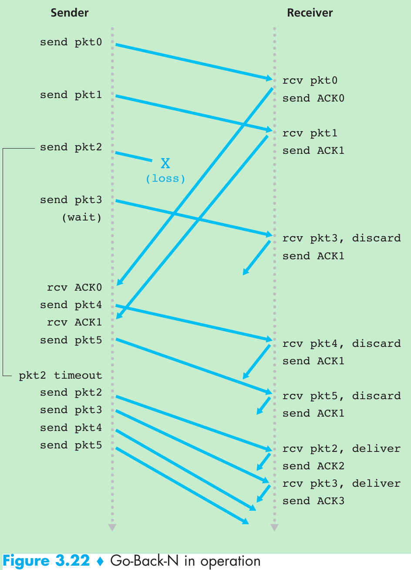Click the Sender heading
(x=70, y=13)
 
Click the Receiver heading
(x=310, y=13)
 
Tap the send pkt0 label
(x=71, y=42)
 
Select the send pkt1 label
(x=71, y=95)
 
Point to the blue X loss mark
(x=165, y=163)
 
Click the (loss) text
(x=165, y=179)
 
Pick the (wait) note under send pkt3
(x=82, y=217)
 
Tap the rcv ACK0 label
(x=74, y=288)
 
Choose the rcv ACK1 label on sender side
(x=74, y=322)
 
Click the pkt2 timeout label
(x=61, y=375)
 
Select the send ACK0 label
(x=313, y=98)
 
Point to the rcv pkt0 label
(x=310, y=81)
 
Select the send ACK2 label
(x=313, y=466)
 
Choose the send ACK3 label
(x=313, y=501)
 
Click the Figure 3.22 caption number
(x=46, y=561)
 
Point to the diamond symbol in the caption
(x=101, y=561)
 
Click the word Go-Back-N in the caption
(x=145, y=561)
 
